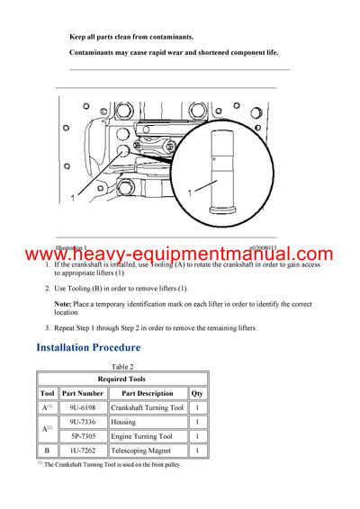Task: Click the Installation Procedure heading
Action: (x=88, y=347)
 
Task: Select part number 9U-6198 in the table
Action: (x=86, y=406)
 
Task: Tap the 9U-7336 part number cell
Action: (x=86, y=421)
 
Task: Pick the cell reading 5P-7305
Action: (x=86, y=436)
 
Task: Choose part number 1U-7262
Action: (x=86, y=451)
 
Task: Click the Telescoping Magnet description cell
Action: (x=148, y=451)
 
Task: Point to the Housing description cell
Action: (x=148, y=421)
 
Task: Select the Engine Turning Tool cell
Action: (x=148, y=436)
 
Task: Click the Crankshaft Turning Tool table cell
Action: (x=148, y=406)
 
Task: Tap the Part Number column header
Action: (x=86, y=393)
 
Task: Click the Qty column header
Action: (x=196, y=393)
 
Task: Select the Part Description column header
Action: (x=148, y=393)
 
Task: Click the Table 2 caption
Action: (x=121, y=367)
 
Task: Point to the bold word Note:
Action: (x=63, y=303)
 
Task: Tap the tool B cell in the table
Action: (x=47, y=451)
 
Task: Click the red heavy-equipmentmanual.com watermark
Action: (x=180, y=254)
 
